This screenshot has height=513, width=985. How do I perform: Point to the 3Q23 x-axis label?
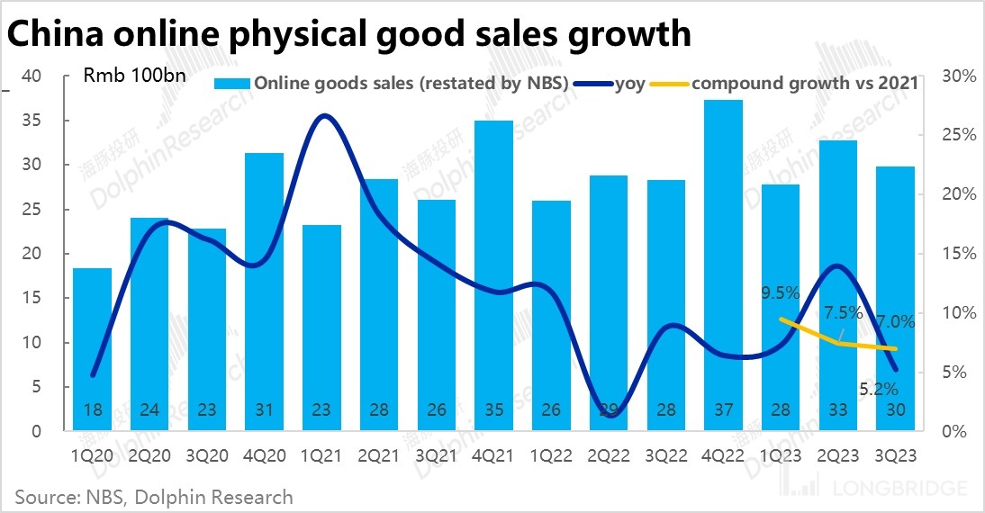[x=896, y=456]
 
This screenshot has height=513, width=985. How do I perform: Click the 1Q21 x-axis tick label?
[x=322, y=456]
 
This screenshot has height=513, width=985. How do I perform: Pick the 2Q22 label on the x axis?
[x=609, y=456]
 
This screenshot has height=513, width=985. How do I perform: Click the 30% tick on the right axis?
[x=957, y=76]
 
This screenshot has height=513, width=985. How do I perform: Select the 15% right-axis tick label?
[x=957, y=254]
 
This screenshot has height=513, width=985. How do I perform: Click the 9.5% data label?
[x=781, y=292]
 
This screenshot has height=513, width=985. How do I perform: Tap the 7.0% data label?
[x=895, y=321]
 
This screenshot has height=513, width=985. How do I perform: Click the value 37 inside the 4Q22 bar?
[x=723, y=410]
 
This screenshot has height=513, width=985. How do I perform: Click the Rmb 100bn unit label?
[x=135, y=75]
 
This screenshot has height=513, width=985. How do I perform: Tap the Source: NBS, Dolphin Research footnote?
[x=153, y=496]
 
